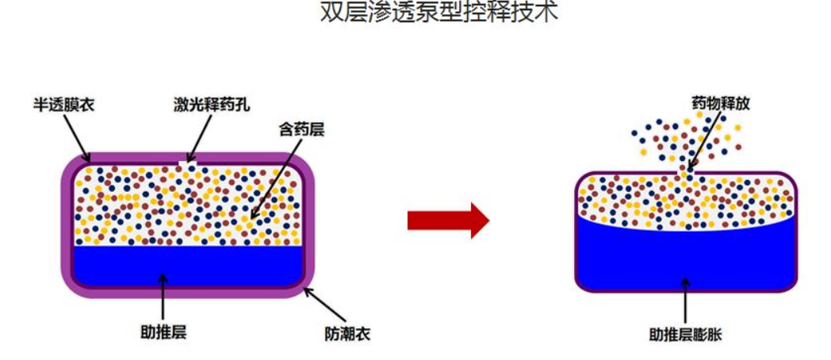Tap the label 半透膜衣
(63, 103)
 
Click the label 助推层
(163, 332)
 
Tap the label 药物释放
(720, 103)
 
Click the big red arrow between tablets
(448, 220)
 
